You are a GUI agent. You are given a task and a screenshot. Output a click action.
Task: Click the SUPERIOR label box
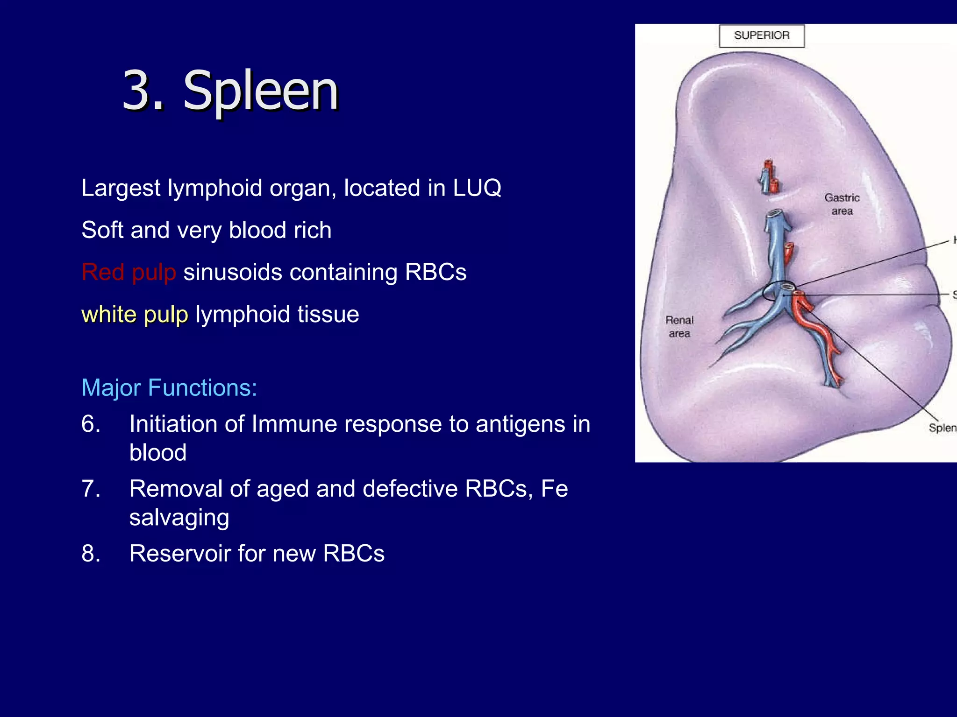pos(761,36)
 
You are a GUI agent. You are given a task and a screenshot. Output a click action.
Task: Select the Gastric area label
pos(842,204)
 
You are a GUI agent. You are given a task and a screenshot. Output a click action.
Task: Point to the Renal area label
pos(679,327)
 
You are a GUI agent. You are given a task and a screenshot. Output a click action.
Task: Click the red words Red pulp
pos(129,272)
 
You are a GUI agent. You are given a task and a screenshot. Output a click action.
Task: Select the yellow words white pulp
pos(135,314)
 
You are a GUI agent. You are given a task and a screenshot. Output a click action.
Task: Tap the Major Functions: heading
pos(169,387)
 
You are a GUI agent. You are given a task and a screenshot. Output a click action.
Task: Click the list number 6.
pos(90,424)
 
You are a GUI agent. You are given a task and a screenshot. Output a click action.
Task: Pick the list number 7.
pos(90,489)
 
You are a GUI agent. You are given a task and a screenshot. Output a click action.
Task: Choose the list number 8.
pos(90,554)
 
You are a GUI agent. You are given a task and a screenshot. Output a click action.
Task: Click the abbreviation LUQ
pos(477,188)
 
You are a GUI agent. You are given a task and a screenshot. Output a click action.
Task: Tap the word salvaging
pos(179,518)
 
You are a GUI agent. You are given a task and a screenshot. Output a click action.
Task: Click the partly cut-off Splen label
pos(942,428)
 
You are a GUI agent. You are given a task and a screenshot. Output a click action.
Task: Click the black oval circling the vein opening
pos(778,291)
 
